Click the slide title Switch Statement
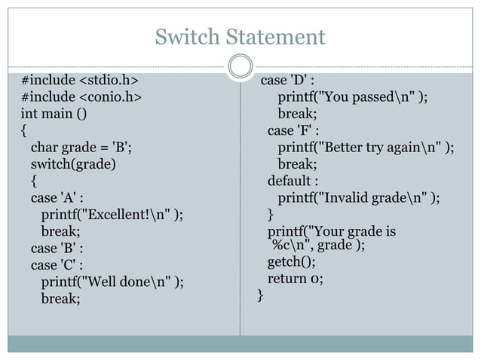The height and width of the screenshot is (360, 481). tap(240, 36)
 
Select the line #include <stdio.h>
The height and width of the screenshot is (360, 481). tap(79, 81)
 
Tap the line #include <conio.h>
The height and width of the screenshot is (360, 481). tap(81, 97)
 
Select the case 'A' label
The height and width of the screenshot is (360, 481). tap(57, 198)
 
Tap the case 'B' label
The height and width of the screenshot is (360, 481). tap(57, 248)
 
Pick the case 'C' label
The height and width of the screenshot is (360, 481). tap(57, 265)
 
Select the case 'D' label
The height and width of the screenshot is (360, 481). tap(287, 81)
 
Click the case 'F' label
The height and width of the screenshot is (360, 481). tap(293, 130)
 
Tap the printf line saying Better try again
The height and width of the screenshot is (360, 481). tap(366, 147)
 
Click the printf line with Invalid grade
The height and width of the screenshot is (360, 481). tap(359, 198)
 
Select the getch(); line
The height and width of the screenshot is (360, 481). tap(291, 262)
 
